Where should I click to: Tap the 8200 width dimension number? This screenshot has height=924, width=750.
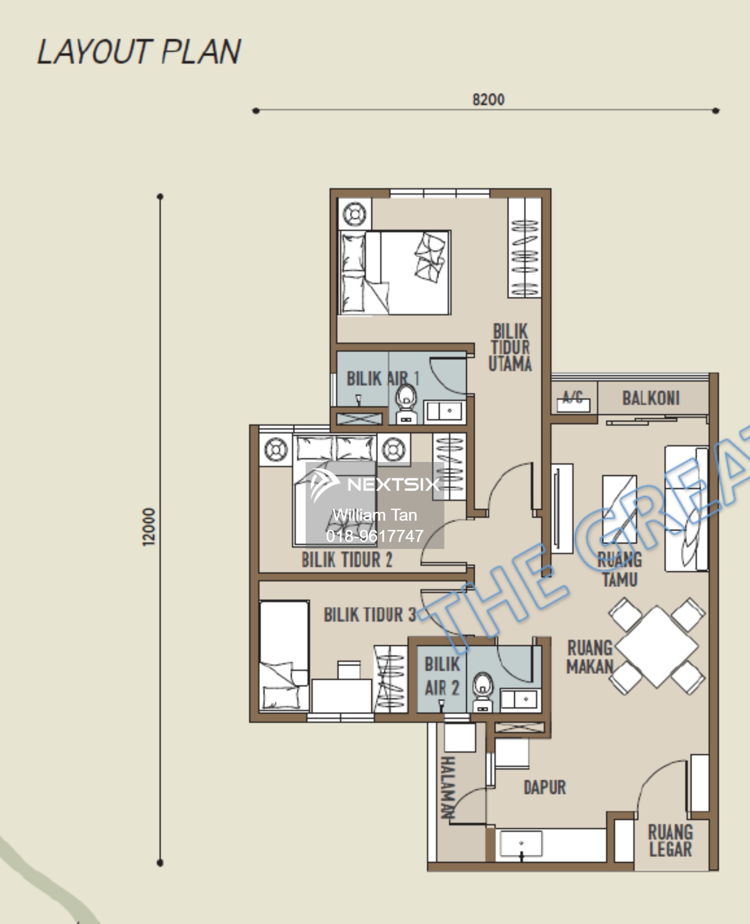coord(488,99)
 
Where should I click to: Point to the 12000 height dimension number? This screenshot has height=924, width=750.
coord(149,527)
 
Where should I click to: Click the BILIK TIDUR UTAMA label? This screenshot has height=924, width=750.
coord(510,347)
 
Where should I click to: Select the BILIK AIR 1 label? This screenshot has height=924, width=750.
coord(383,379)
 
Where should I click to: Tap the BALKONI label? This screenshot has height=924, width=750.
coord(651,398)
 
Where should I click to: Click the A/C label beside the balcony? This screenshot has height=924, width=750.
coord(573,397)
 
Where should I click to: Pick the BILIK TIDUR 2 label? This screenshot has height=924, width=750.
coord(347,560)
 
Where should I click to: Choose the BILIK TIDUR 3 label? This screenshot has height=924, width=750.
coord(370,615)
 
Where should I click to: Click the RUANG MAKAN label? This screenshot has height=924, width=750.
coord(590,657)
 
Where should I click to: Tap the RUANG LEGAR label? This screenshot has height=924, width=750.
coord(671,841)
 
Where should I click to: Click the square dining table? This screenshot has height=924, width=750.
coord(657,646)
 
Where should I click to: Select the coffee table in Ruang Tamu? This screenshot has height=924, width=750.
coord(620,509)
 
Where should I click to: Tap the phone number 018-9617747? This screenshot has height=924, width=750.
coord(375,536)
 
